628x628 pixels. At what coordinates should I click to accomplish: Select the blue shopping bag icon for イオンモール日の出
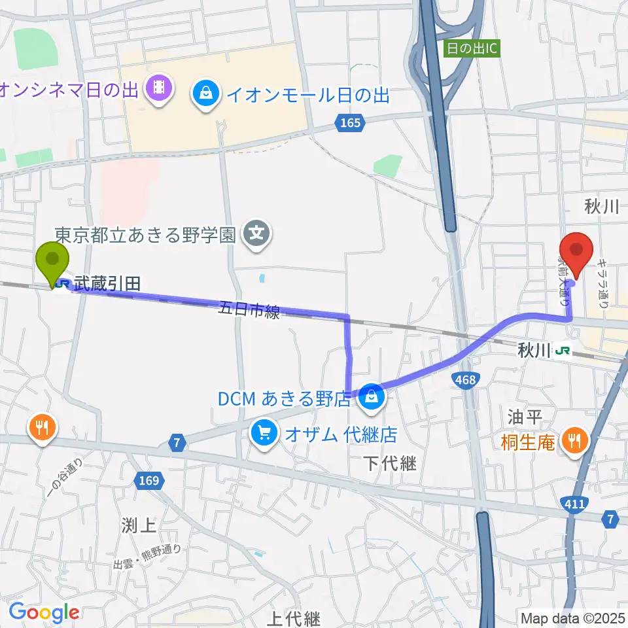(206, 95)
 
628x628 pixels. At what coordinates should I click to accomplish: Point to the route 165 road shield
(350, 122)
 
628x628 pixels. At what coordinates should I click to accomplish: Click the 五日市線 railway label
(249, 309)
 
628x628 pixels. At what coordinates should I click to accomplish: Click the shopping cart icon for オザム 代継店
(264, 432)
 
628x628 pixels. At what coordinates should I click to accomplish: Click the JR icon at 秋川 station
(561, 351)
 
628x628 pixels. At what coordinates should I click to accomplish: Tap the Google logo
(44, 613)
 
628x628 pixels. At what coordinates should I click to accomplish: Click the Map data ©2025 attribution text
(572, 618)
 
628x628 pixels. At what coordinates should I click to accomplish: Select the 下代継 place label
(391, 464)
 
